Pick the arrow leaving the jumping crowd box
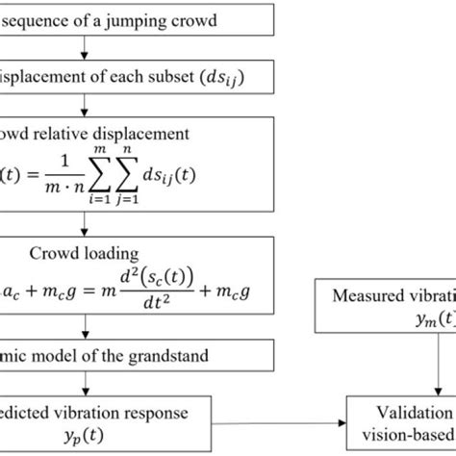point(86,47)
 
